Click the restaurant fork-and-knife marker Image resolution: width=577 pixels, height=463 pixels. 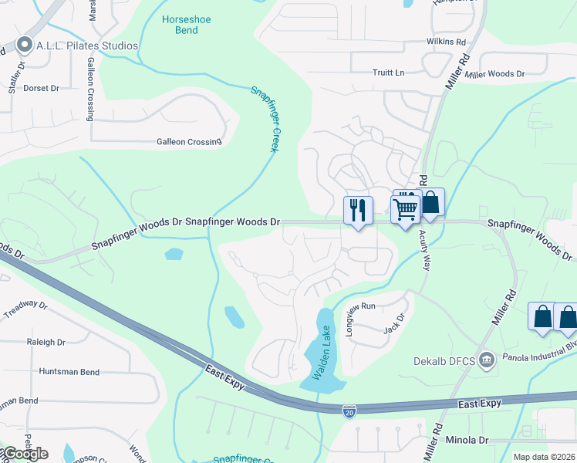coord(358,210)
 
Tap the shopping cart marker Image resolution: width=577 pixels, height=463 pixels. coord(406,208)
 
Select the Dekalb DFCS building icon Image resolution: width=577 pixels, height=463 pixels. coord(487,359)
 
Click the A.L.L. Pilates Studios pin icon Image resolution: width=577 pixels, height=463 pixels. coord(25,46)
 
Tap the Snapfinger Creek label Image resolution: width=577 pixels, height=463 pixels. coord(264,119)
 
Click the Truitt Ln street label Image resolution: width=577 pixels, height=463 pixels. coord(388,73)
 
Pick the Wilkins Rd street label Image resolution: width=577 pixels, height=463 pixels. coord(447,41)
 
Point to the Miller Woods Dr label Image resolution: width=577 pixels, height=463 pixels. coord(495,74)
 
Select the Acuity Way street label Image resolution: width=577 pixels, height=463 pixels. coord(424,250)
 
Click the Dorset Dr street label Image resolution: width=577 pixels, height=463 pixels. coord(41,88)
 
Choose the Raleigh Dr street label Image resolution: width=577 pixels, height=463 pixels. coord(46,342)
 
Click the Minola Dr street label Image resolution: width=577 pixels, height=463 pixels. coord(467,440)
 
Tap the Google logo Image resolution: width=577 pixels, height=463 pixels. coord(25,454)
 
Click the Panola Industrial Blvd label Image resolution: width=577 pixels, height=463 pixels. coord(539,357)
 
